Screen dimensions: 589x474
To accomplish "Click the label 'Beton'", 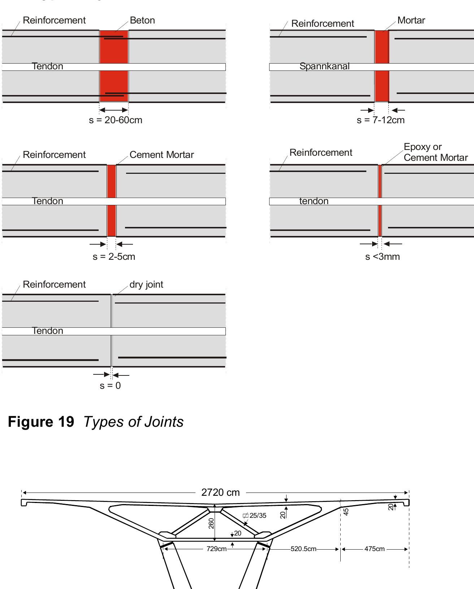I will (x=142, y=21).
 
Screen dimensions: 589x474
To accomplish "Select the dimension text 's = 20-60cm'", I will (x=116, y=120).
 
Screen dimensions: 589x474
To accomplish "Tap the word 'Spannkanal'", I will (x=324, y=66).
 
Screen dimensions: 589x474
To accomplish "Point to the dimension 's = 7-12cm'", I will (x=380, y=120).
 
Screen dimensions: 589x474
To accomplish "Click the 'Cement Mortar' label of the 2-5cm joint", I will (x=161, y=155).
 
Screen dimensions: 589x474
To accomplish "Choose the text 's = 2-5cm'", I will (x=114, y=257).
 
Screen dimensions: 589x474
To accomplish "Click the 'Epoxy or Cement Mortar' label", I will (x=435, y=152).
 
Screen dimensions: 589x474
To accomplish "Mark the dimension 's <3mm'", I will (x=382, y=257).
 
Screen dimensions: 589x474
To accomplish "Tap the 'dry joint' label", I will (x=146, y=285).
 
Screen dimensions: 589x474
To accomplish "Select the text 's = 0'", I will (x=110, y=386).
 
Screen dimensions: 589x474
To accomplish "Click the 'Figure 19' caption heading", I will (x=41, y=422).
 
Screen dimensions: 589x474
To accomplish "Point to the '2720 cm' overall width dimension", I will (x=220, y=493).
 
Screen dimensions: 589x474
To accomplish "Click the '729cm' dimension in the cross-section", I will (x=216, y=549).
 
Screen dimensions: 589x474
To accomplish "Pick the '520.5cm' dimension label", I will (x=303, y=549).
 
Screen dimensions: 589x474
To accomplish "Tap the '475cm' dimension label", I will (x=374, y=549).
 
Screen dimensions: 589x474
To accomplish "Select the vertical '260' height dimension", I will (x=211, y=523).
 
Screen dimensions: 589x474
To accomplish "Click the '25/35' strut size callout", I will (x=258, y=516).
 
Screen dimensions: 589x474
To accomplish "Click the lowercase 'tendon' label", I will (x=314, y=201).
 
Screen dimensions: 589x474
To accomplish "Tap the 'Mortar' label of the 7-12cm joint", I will (x=411, y=21).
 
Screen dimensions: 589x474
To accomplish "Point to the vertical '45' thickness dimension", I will (x=346, y=512).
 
